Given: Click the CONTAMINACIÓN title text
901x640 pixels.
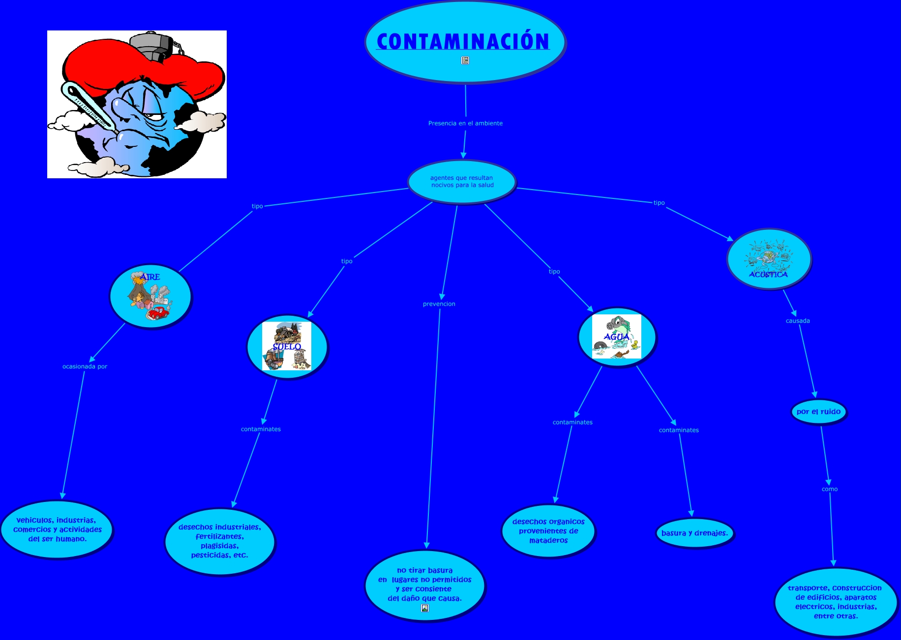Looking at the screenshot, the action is click(463, 41).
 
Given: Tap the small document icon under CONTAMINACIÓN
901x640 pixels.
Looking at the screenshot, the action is click(465, 60).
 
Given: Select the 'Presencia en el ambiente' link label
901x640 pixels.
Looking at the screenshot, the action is click(465, 123).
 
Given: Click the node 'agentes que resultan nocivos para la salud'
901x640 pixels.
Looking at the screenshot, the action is click(461, 182).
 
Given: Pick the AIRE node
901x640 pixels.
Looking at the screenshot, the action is click(150, 297).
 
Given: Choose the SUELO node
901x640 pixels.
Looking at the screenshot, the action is click(287, 346).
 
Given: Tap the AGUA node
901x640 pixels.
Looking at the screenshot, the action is click(617, 337).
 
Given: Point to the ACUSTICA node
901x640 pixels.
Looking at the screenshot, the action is click(769, 259).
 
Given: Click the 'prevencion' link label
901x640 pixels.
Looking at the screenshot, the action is click(439, 304).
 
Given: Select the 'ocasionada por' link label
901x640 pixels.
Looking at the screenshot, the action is click(85, 366).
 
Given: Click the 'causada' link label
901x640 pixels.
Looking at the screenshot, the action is click(798, 321).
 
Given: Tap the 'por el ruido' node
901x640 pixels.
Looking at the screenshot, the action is click(818, 412).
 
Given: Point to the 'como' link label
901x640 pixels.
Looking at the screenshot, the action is click(830, 489).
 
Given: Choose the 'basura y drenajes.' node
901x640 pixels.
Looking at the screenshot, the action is click(694, 533).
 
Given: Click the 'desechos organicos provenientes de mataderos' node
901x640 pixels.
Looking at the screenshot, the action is click(548, 531).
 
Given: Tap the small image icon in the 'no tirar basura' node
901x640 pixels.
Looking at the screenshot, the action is click(425, 608).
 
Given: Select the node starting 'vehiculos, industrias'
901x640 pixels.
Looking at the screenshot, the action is click(57, 529).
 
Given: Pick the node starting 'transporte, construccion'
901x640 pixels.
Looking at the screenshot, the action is click(836, 602).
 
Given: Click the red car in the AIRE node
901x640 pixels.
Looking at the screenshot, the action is click(158, 313).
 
